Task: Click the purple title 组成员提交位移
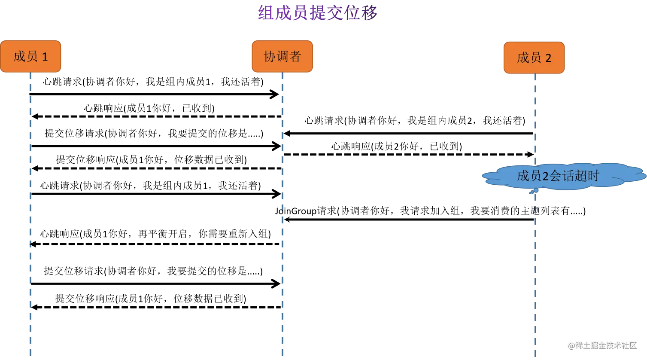pyautogui.click(x=317, y=12)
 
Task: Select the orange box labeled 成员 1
pyautogui.click(x=30, y=56)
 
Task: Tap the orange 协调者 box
pyautogui.click(x=282, y=56)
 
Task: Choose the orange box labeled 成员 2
pyautogui.click(x=534, y=58)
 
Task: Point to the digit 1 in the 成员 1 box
pyautogui.click(x=45, y=57)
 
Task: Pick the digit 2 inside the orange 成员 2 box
pyautogui.click(x=548, y=58)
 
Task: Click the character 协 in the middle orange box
pyautogui.click(x=269, y=56)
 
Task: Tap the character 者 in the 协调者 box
pyautogui.click(x=295, y=56)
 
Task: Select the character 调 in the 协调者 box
pyautogui.click(x=282, y=56)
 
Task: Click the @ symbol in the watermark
pyautogui.click(x=571, y=345)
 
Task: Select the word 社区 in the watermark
pyautogui.click(x=629, y=345)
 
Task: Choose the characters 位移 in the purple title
pyautogui.click(x=363, y=12)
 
